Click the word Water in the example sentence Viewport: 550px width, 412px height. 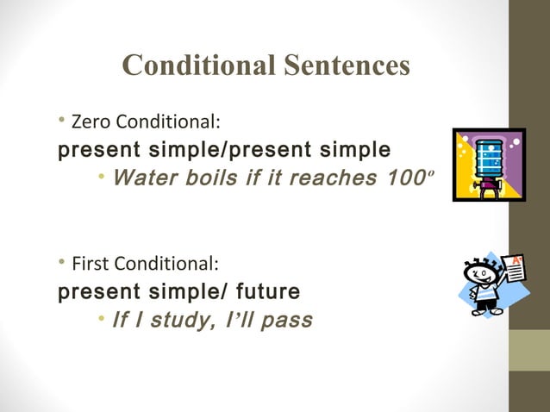point(145,178)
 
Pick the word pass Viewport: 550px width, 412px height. point(286,321)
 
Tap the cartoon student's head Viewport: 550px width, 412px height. point(483,274)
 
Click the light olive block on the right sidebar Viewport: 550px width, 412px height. point(529,351)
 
